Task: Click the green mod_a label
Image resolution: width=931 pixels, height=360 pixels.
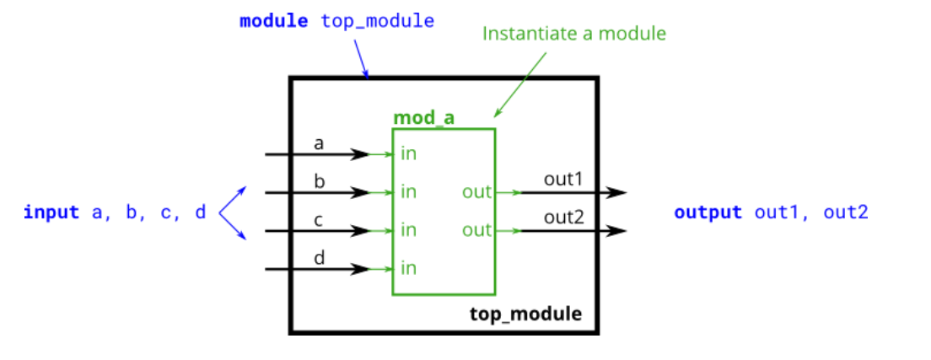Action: (x=423, y=118)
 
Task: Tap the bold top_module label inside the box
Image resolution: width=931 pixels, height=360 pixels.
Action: (x=525, y=314)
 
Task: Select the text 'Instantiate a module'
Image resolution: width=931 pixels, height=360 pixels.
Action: (x=573, y=35)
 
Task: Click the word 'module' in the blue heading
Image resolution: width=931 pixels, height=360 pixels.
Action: (x=274, y=21)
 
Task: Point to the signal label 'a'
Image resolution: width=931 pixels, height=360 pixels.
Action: (x=319, y=143)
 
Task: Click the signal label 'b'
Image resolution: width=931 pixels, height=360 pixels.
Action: (x=319, y=181)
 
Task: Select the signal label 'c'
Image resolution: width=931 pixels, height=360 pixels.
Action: (x=319, y=219)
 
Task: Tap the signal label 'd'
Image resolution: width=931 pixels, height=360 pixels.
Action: (x=319, y=257)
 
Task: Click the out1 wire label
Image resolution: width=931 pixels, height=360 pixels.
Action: (x=564, y=180)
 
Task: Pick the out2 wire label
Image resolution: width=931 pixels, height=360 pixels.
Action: (x=564, y=218)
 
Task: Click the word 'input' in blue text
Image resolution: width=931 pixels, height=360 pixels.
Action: (x=51, y=212)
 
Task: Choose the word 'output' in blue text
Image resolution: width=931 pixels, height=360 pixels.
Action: (x=708, y=212)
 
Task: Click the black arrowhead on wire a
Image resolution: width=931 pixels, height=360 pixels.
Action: (x=360, y=154)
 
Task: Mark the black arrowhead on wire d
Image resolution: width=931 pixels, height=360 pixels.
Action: (x=360, y=269)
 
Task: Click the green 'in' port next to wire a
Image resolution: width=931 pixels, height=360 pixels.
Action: (x=409, y=154)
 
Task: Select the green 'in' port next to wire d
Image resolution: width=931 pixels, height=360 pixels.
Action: (x=409, y=269)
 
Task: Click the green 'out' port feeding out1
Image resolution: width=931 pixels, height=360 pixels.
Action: (x=476, y=192)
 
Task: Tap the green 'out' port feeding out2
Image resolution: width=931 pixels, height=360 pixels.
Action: (x=476, y=230)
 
